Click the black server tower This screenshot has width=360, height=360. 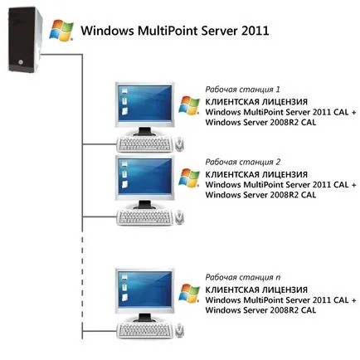coord(25,40)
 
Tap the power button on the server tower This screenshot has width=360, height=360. coord(20,62)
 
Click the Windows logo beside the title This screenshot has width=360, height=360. coord(61,30)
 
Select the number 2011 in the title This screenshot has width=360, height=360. coord(255,31)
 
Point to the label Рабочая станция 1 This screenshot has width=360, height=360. coord(242,90)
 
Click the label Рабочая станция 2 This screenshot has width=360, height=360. coord(243,162)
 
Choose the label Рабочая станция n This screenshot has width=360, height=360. coord(243,277)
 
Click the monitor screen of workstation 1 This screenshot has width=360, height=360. coord(145,104)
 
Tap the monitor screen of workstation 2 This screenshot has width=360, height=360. coord(145,177)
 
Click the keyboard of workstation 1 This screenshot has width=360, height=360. coord(144,144)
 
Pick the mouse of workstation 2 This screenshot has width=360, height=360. coord(179,217)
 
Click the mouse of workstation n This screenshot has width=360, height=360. coord(179,330)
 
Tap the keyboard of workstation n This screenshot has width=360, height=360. coord(144,331)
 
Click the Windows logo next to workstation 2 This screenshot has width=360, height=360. coord(189,178)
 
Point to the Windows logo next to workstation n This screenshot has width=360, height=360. coord(189,293)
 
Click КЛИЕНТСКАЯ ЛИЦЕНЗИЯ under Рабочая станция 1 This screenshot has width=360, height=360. coord(256,102)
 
